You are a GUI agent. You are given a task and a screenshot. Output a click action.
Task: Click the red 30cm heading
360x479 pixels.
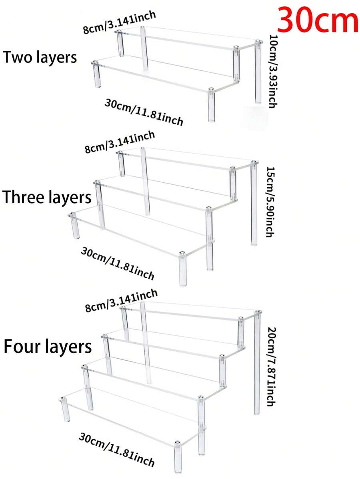(318, 21)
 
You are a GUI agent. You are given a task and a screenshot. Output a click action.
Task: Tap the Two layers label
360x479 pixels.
(40, 58)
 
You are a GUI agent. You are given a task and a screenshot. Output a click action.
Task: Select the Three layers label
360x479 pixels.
(47, 197)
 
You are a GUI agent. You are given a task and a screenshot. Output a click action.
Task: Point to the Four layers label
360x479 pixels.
(48, 347)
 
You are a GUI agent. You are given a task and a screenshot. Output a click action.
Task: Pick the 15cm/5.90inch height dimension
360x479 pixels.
(270, 202)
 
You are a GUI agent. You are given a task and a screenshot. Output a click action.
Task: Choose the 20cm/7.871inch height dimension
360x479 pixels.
(271, 366)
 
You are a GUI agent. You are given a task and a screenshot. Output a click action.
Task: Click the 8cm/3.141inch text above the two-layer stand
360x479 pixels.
(119, 22)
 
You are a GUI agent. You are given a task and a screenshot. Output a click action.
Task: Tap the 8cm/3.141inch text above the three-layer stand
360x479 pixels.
(120, 142)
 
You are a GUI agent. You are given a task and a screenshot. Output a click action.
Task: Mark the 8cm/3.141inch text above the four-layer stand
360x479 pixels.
(121, 301)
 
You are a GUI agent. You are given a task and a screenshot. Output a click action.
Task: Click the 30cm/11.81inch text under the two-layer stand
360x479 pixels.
(144, 112)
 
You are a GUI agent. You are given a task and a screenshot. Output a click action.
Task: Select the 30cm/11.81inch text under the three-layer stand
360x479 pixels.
(118, 263)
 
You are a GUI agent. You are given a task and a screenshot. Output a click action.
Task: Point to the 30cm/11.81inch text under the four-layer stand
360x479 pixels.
(117, 449)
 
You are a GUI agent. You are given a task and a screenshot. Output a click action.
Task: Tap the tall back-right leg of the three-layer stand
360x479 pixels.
(254, 203)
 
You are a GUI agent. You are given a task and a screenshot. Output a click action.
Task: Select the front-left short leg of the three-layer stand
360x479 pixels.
(74, 226)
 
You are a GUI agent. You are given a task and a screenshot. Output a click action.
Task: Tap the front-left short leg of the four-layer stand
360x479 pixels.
(65, 410)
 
